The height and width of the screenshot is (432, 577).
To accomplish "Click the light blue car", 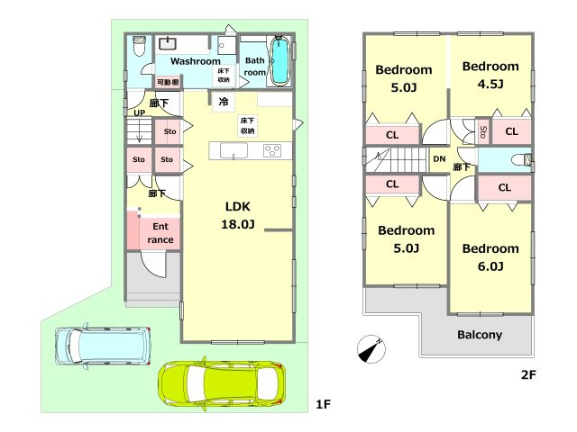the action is coord(103,346).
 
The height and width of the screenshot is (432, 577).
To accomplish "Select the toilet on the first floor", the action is coord(139,46).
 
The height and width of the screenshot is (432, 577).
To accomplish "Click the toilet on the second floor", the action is coord(522,159).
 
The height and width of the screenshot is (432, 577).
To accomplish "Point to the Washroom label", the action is coord(196,61).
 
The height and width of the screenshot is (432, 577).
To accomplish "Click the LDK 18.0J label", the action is coord(238,215).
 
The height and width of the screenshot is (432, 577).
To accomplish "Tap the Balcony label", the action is coord(480,335).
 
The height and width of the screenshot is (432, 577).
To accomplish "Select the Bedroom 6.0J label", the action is coord(490,257).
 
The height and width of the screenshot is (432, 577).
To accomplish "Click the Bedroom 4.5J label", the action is coord(490,75).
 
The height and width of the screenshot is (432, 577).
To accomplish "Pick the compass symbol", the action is coord(371,348).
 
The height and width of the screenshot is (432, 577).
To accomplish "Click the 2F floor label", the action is coord(528,374).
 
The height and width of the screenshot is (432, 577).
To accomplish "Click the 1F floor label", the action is coord(323,404).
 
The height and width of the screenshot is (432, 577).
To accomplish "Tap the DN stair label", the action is coord(439,159).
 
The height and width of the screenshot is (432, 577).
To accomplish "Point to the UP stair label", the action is coord(139,112).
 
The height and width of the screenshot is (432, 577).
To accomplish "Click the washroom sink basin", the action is coord(168,43).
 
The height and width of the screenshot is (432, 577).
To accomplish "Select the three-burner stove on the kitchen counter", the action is coord(272,150).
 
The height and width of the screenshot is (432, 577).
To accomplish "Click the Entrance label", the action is coord(160,233).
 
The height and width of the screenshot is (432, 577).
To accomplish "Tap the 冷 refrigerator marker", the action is coord(224,102).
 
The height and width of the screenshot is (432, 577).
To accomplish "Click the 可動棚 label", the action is coord(168,82).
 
